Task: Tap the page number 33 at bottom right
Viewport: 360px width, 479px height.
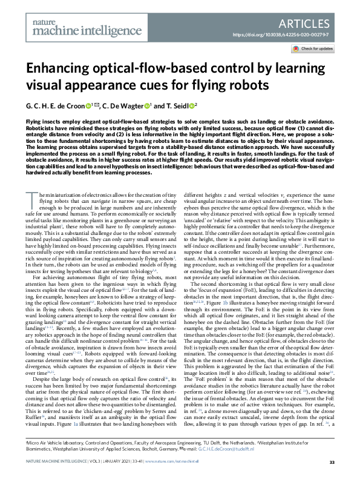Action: [332, 463]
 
